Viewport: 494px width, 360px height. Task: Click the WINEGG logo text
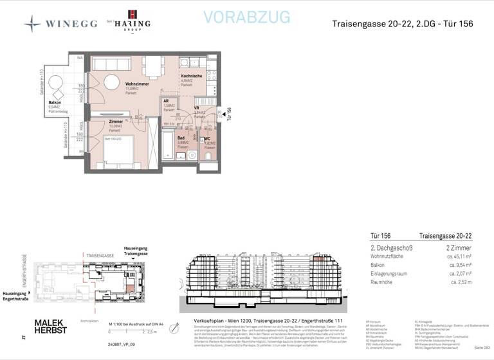click(71, 24)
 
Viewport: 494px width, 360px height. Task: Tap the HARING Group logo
click(133, 20)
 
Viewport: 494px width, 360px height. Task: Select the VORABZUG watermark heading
click(246, 17)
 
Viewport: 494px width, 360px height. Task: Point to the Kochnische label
click(192, 76)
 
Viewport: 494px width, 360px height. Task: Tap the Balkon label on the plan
click(55, 103)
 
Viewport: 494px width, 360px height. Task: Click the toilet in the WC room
click(209, 154)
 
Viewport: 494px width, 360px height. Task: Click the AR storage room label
click(166, 102)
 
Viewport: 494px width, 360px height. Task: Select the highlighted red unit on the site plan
click(131, 287)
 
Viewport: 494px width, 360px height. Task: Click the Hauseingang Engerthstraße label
click(17, 296)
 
